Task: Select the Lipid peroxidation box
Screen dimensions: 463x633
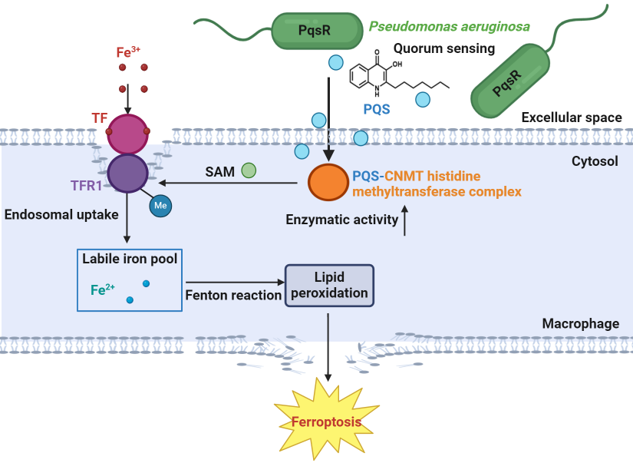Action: click(x=329, y=284)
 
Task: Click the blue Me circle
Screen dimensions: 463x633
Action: click(x=160, y=207)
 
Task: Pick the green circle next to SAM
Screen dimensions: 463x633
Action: click(x=249, y=170)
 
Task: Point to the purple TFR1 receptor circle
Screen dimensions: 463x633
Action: click(x=127, y=173)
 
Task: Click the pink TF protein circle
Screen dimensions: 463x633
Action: click(x=127, y=134)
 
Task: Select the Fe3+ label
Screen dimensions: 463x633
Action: click(x=128, y=52)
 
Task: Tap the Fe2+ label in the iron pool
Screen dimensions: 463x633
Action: click(x=103, y=289)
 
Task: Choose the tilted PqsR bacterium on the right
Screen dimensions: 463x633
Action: click(x=510, y=81)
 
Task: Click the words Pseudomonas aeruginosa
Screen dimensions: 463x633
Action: click(x=449, y=27)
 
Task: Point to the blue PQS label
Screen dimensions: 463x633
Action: click(x=377, y=109)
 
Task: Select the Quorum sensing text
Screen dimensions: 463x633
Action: click(x=444, y=48)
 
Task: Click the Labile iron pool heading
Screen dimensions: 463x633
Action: click(x=130, y=259)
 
